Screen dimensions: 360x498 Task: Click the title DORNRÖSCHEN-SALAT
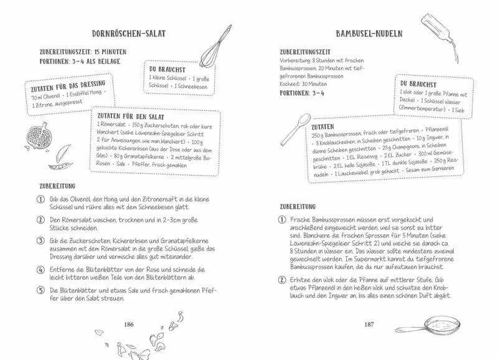tap(128, 33)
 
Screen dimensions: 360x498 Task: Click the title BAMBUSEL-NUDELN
tap(370, 33)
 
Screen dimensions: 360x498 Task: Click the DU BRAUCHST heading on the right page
tap(414, 83)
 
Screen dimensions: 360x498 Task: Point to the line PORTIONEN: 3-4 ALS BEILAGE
tap(81, 62)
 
